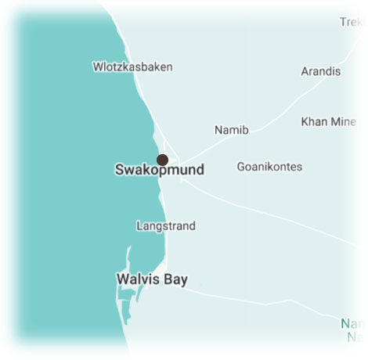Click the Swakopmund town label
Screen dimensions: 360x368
pyautogui.click(x=159, y=170)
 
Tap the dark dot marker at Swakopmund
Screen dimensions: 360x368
pyautogui.click(x=162, y=160)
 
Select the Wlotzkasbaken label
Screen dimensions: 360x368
pyautogui.click(x=132, y=67)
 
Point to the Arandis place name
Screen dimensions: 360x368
pyautogui.click(x=321, y=71)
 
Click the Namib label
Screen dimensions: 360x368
pyautogui.click(x=232, y=130)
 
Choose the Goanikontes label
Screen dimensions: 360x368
pyautogui.click(x=269, y=167)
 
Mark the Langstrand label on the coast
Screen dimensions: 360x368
pyautogui.click(x=165, y=226)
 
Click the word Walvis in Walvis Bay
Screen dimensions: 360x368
pyautogui.click(x=138, y=279)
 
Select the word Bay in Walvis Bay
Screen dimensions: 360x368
pyautogui.click(x=175, y=279)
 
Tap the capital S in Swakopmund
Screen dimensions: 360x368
pyautogui.click(x=120, y=170)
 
